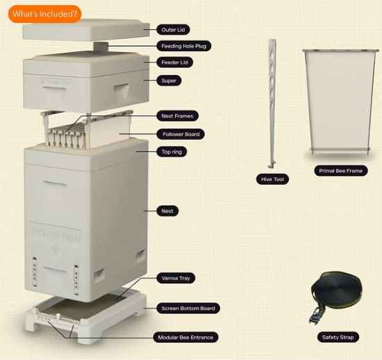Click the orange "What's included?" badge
44,14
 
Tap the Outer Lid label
173,30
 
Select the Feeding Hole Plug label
183,46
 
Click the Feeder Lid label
174,63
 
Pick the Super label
169,81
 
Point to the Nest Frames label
177,116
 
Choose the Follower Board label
181,134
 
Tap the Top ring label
172,152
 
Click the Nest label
167,211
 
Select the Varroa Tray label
176,278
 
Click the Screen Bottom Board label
188,309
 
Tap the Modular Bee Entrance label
185,337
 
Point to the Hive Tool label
272,179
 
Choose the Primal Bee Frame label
340,170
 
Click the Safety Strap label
338,337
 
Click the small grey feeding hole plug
101,47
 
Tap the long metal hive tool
272,104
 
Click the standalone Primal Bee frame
340,101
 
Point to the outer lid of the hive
85,30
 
